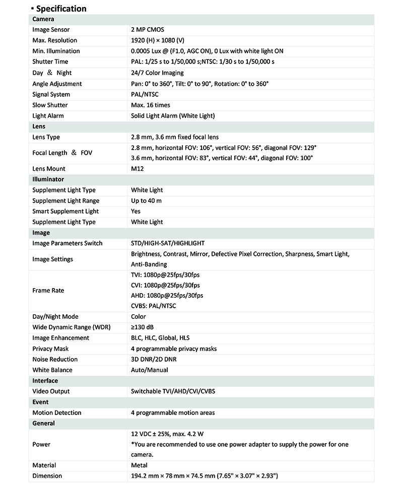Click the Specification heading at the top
(61, 9)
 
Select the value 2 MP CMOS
(148, 30)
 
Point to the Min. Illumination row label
(56, 51)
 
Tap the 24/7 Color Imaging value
(157, 73)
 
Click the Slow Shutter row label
(50, 105)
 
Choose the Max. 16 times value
(151, 105)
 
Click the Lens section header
(39, 126)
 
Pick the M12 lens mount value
(138, 169)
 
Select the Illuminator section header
(48, 179)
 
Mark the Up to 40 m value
(146, 201)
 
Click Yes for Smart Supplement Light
(136, 212)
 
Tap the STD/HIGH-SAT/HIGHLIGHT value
(168, 243)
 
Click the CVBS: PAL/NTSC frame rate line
(154, 306)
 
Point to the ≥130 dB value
(143, 327)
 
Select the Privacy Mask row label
(50, 349)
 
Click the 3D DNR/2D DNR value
(154, 359)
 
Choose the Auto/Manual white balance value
(150, 370)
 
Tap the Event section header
(40, 402)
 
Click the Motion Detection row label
(57, 413)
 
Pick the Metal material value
(139, 465)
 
